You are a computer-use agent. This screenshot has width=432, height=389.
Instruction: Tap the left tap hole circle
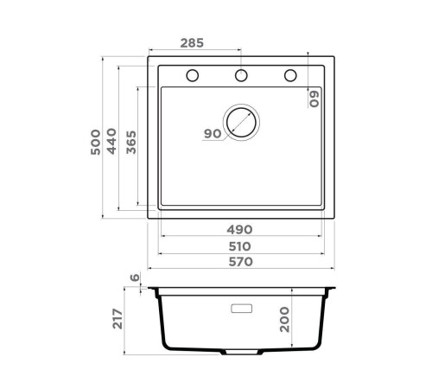tap(193, 75)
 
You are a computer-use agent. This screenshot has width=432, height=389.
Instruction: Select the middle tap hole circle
tap(242, 75)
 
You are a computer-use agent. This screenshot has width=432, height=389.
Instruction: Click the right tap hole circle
tap(290, 75)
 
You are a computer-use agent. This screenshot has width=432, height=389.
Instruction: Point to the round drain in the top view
tap(241, 123)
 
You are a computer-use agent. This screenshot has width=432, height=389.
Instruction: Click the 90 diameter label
tap(212, 133)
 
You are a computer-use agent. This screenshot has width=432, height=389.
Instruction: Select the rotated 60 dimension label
tap(316, 97)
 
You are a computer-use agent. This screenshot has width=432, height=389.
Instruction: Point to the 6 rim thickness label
tap(135, 278)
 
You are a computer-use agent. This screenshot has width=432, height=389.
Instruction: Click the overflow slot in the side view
tap(241, 306)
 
